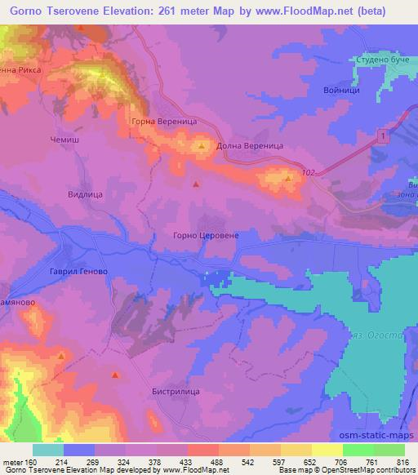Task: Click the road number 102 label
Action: click(309, 171)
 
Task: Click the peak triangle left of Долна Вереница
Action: click(202, 146)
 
